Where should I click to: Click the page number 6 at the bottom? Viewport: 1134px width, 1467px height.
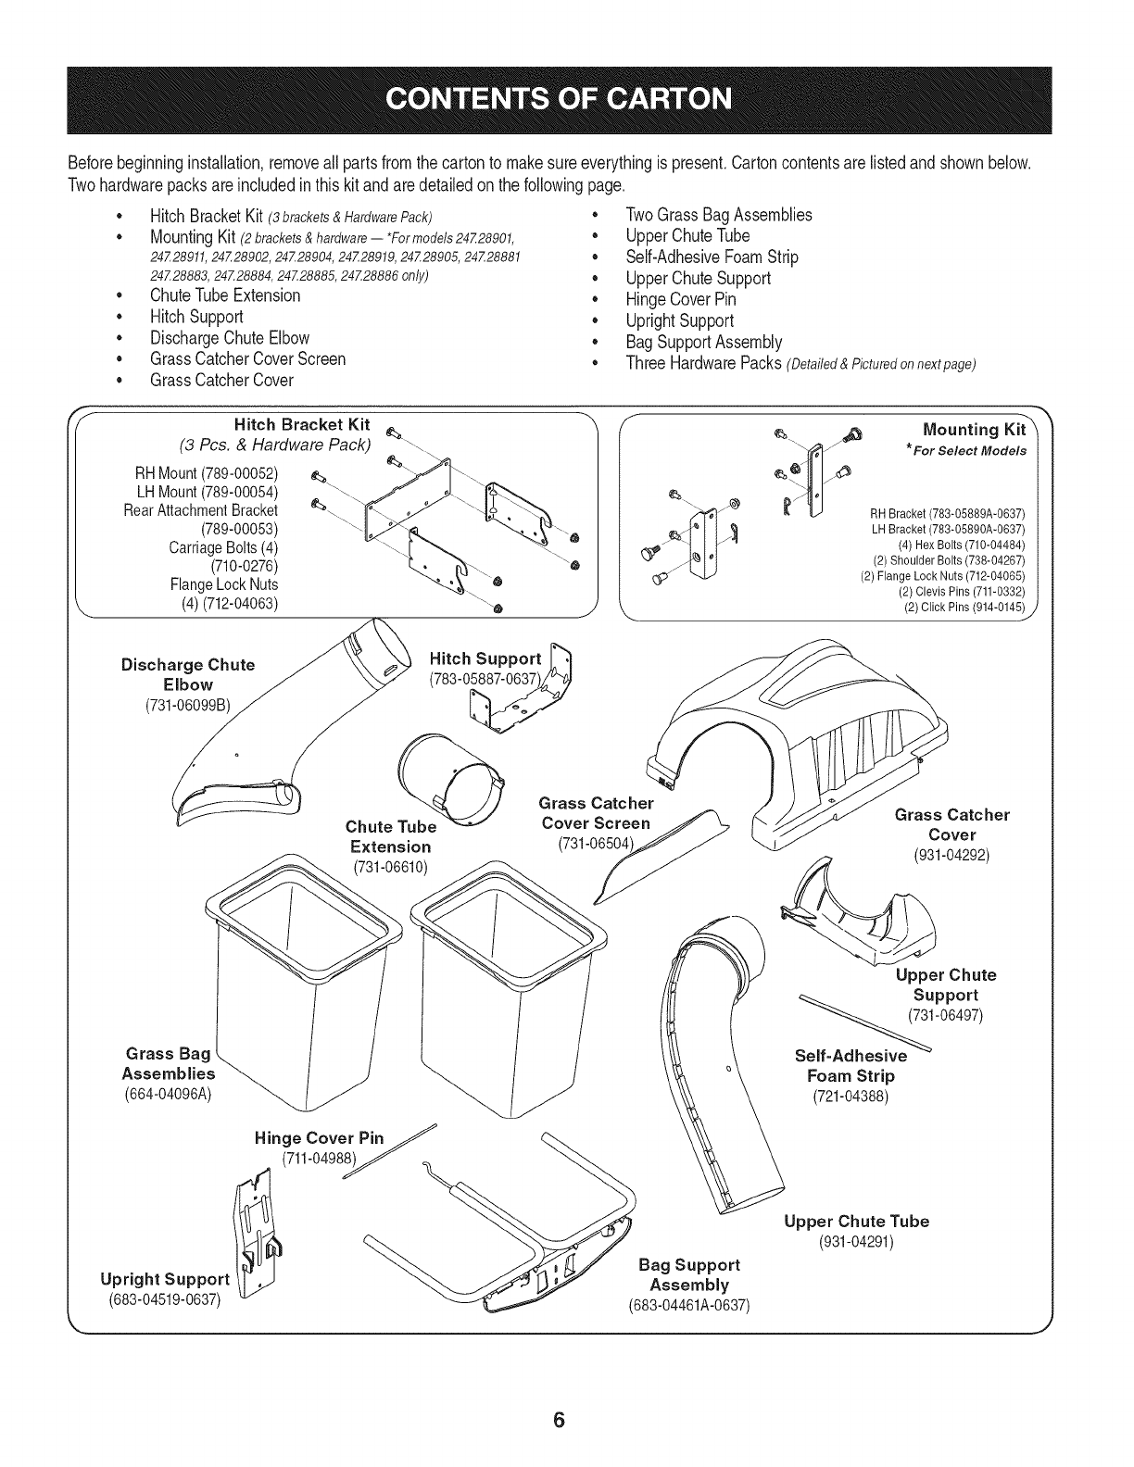coord(559,1396)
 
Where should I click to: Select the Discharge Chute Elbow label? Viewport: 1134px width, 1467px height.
coord(188,674)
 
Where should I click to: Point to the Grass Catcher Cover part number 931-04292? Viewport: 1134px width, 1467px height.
coord(951,855)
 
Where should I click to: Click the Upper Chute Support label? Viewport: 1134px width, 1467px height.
coord(945,984)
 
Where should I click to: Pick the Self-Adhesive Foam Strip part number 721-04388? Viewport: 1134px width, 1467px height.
coord(850,1097)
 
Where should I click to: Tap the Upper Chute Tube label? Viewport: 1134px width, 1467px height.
coord(856,1221)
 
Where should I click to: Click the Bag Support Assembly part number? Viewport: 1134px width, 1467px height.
coord(688,1306)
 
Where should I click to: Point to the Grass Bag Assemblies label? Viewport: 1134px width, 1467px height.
coord(169,1063)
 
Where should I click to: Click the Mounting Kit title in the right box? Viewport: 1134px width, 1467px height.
coord(975,430)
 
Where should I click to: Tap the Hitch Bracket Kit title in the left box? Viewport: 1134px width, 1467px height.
coord(302,425)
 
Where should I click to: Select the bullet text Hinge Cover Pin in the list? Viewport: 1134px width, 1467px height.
coord(681,299)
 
